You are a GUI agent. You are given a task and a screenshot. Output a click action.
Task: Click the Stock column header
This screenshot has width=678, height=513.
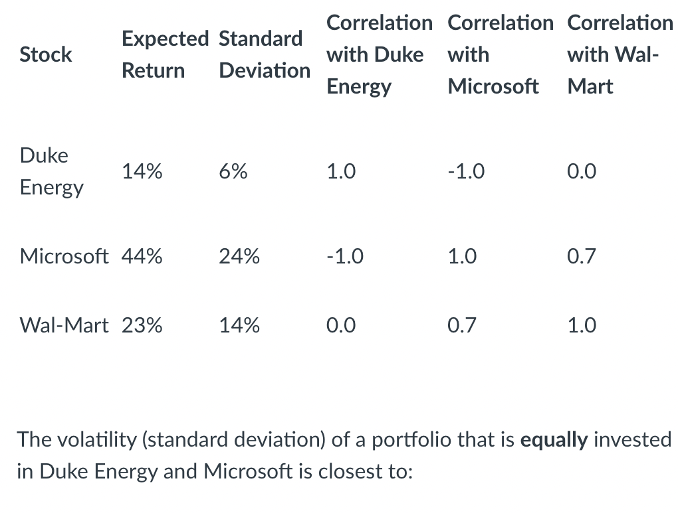click(x=46, y=54)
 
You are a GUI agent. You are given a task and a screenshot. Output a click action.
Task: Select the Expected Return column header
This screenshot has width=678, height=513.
click(x=164, y=54)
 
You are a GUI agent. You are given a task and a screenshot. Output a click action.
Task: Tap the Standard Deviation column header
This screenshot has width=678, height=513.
click(x=264, y=54)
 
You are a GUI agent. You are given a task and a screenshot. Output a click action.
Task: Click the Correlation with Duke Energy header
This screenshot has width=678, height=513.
click(x=378, y=54)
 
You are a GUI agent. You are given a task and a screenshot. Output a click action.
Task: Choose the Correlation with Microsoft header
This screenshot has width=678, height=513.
click(x=500, y=54)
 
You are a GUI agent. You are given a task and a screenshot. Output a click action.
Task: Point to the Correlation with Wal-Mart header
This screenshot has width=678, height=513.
click(x=620, y=54)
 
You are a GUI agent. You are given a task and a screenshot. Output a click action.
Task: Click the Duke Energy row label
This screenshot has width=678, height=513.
click(x=52, y=171)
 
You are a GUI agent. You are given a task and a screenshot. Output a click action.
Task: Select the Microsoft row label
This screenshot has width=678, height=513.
click(x=64, y=256)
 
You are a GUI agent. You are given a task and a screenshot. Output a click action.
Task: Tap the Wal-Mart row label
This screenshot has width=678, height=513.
click(x=64, y=325)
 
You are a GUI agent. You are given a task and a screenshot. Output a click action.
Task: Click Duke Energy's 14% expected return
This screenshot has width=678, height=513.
click(x=142, y=172)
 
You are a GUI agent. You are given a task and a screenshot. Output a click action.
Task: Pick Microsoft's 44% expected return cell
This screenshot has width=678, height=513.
click(x=142, y=256)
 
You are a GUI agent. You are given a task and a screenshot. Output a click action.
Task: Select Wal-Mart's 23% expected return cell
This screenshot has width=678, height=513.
click(x=142, y=325)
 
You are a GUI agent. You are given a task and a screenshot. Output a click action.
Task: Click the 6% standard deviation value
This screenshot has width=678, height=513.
click(x=233, y=172)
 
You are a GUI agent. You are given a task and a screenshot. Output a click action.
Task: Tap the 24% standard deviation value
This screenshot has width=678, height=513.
click(x=239, y=256)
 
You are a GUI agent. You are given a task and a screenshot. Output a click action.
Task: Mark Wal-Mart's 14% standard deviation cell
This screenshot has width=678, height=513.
click(x=239, y=325)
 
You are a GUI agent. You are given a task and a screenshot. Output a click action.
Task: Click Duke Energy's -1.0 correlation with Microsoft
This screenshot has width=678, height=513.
click(x=466, y=172)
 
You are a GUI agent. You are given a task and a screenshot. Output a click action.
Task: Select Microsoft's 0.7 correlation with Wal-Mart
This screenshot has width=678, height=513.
click(x=582, y=256)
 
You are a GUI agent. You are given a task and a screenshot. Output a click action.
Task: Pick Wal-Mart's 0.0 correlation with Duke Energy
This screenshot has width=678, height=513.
click(x=341, y=325)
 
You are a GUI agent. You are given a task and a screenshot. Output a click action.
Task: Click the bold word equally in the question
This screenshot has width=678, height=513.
click(x=554, y=439)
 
